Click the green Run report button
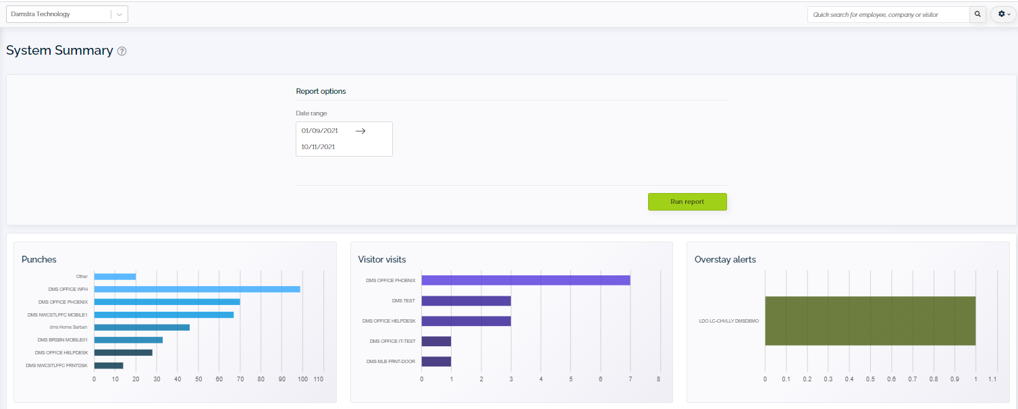[687, 202]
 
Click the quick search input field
[888, 14]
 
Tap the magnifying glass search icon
[977, 14]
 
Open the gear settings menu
[1004, 14]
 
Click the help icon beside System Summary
[122, 51]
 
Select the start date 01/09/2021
[319, 131]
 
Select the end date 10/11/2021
[318, 146]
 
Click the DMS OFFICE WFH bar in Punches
[196, 289]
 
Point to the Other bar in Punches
[115, 276]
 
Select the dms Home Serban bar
[141, 327]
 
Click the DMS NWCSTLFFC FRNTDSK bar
[108, 365]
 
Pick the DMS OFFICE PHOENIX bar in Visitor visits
[525, 280]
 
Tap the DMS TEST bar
[466, 301]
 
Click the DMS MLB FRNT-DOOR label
[391, 362]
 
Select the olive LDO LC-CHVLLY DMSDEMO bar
[869, 321]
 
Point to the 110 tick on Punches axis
[319, 379]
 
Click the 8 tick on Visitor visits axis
[658, 379]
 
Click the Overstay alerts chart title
[725, 259]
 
